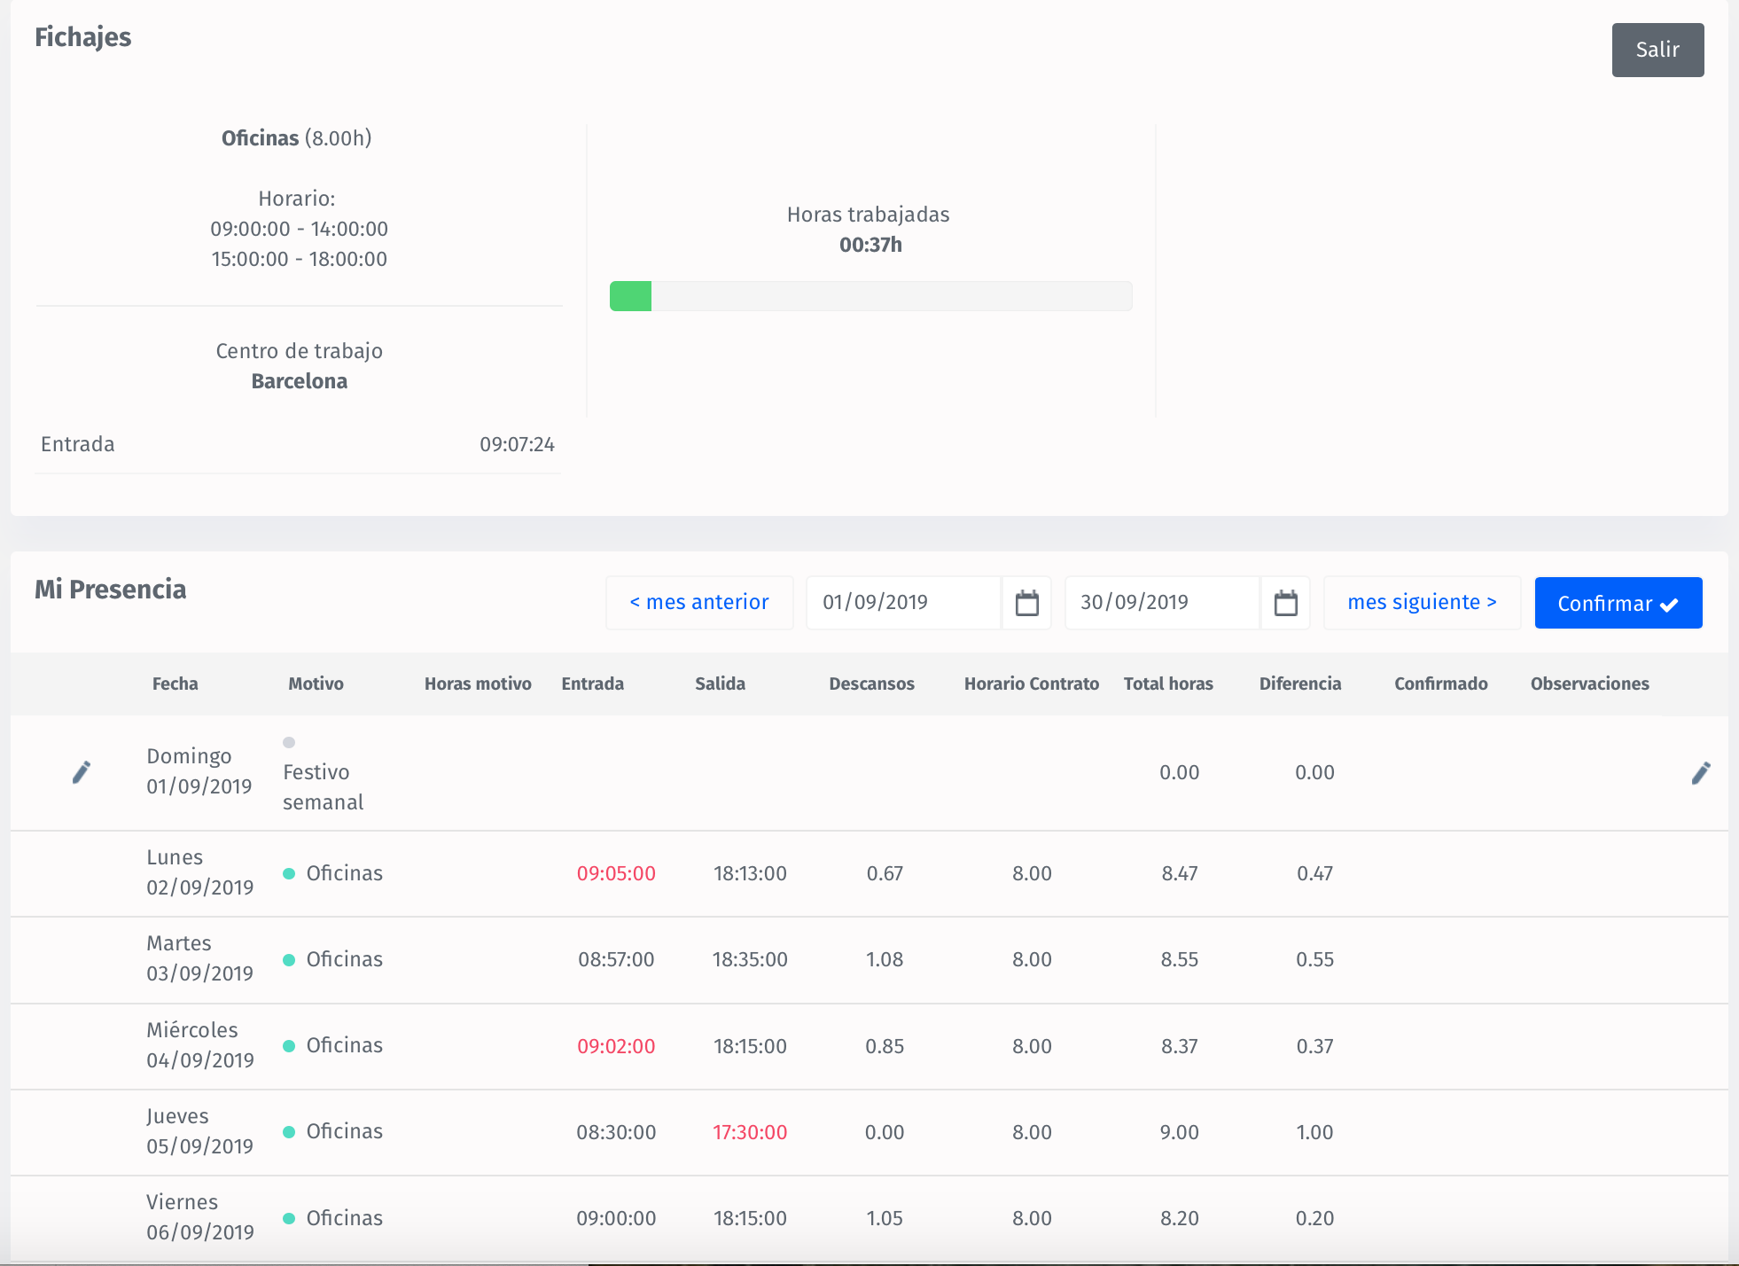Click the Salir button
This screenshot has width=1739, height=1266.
point(1657,50)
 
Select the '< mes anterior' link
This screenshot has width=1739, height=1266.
point(698,603)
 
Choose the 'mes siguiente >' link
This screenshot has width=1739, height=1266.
point(1421,603)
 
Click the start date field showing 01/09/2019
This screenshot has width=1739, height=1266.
point(902,603)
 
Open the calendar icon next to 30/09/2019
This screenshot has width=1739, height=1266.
point(1285,603)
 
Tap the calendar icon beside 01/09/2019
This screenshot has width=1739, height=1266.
point(1026,603)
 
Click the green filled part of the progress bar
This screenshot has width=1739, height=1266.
point(630,296)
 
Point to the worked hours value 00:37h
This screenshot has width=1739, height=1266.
point(870,245)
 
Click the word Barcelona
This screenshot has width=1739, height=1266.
point(299,381)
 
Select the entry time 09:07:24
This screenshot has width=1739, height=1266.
point(517,444)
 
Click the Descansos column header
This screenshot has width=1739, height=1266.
point(871,684)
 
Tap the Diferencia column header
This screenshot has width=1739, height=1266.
point(1299,684)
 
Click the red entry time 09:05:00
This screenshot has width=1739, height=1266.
point(616,873)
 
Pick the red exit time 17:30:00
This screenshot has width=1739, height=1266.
point(750,1132)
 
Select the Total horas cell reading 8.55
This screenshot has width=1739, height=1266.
point(1179,959)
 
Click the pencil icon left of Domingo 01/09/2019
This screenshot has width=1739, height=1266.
point(81,772)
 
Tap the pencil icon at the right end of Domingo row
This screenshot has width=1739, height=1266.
point(1700,773)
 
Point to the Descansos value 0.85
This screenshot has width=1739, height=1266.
point(885,1046)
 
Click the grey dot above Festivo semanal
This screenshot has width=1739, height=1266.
point(289,742)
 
